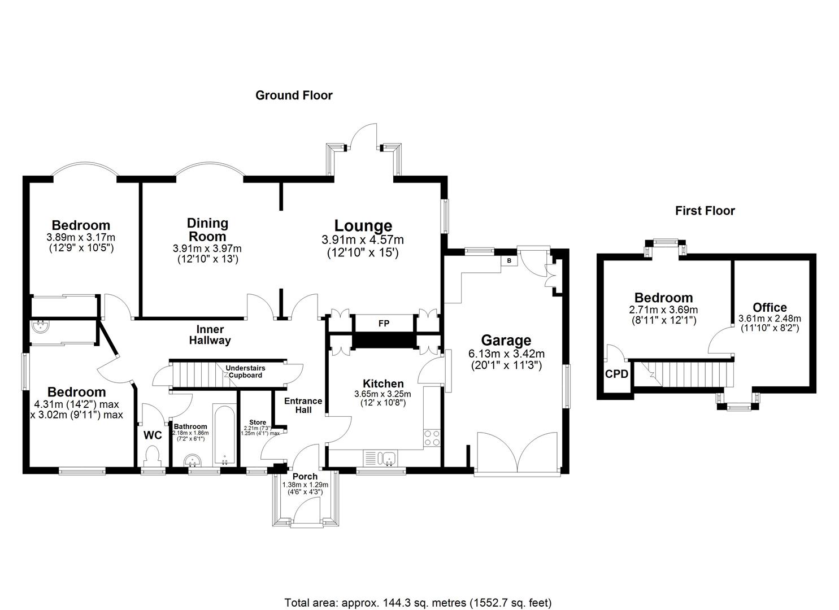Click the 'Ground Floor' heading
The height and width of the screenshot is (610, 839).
294,95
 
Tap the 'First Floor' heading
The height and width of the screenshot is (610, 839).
705,211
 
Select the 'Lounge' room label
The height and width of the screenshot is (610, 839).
363,226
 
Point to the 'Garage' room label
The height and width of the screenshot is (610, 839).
506,340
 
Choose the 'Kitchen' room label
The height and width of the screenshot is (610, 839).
382,384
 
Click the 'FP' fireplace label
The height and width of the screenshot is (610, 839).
383,324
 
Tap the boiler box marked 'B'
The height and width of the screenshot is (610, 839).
509,261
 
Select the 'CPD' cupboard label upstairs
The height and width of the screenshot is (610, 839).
616,373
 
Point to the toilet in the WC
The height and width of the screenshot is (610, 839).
153,455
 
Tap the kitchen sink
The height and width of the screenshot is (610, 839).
387,457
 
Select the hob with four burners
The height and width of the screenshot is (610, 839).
432,438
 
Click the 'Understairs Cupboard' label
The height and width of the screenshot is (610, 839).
245,372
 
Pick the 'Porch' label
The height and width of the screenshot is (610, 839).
305,476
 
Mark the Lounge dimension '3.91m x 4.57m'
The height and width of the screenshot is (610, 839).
363,240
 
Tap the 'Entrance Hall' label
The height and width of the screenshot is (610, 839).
303,405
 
